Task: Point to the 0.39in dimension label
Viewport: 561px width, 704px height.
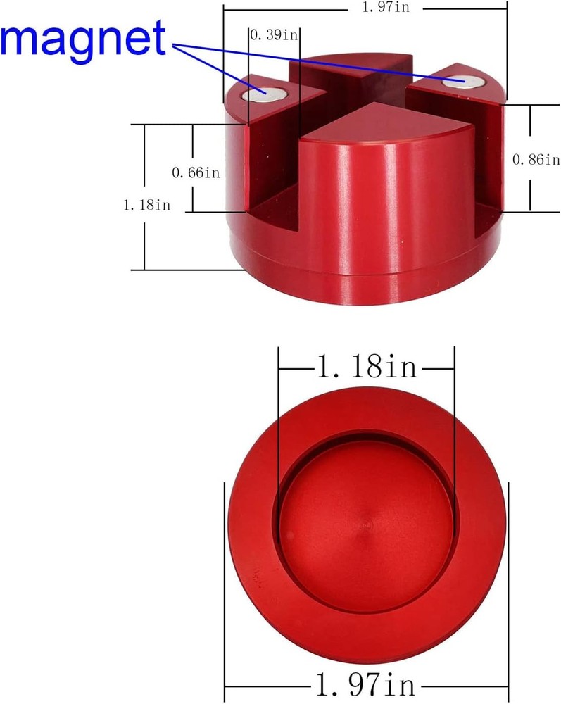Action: (x=275, y=35)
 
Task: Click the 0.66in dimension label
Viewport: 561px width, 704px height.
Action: (x=196, y=172)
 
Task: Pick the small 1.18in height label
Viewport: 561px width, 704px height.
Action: (x=146, y=205)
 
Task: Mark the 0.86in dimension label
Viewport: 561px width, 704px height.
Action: (x=536, y=160)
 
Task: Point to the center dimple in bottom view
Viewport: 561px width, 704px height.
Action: (x=365, y=526)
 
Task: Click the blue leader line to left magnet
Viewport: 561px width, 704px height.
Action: (x=215, y=67)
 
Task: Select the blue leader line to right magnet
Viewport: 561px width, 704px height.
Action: (x=317, y=62)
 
